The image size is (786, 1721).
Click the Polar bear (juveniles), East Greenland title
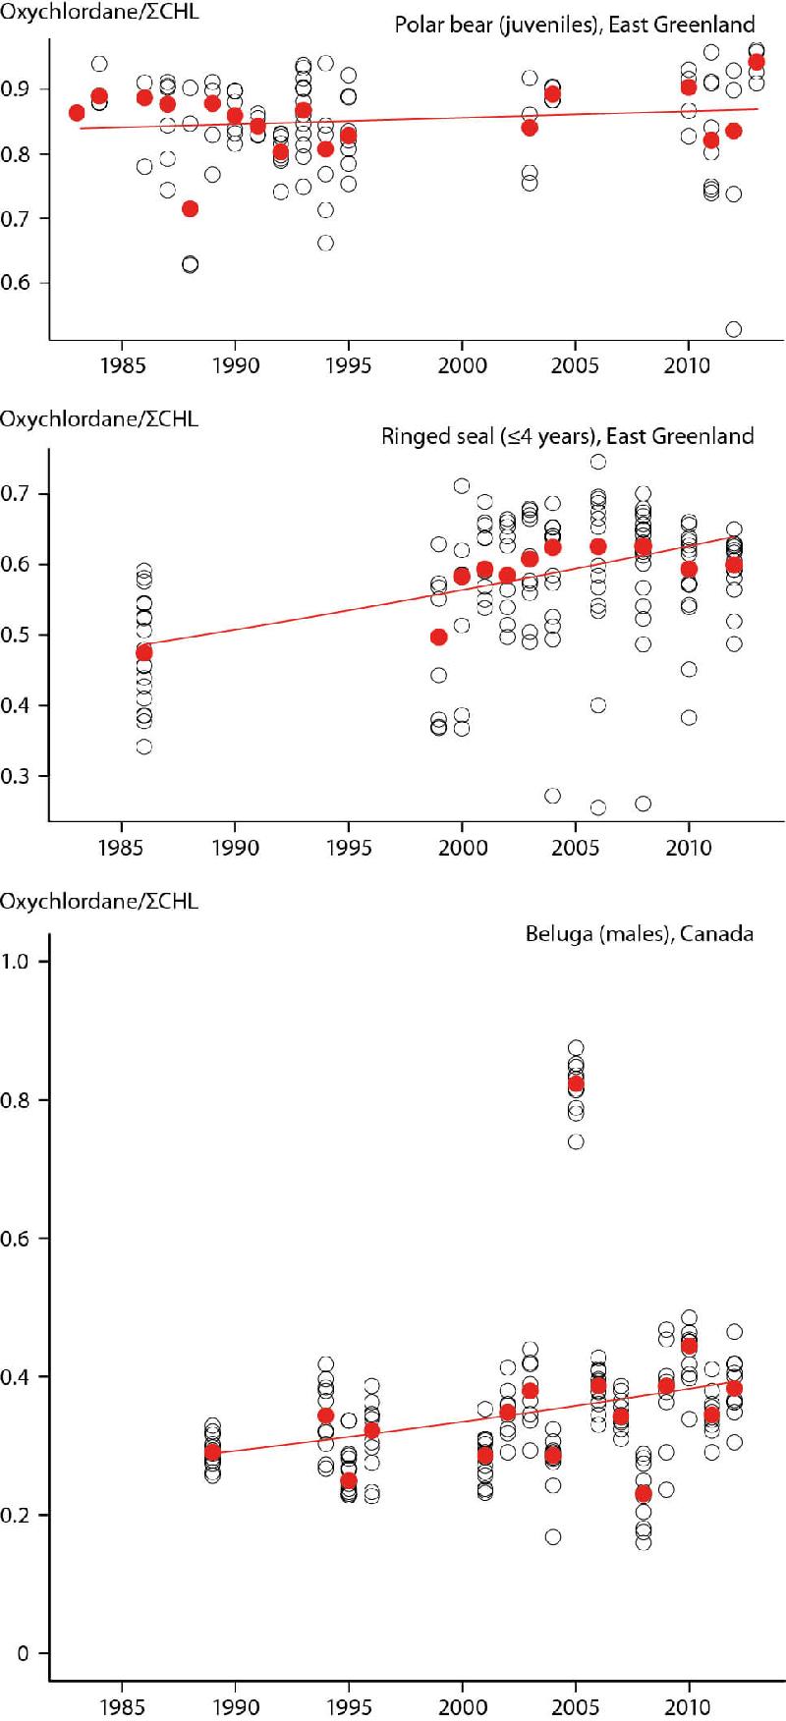click(x=575, y=25)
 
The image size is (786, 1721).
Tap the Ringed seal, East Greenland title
click(x=567, y=436)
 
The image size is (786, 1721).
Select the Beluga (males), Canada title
click(x=639, y=933)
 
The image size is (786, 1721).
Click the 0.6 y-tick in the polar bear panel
click(x=15, y=283)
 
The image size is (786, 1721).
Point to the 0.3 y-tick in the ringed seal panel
click(x=15, y=776)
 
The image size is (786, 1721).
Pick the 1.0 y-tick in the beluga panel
click(x=15, y=962)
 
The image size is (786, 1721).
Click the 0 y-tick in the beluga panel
click(x=23, y=1653)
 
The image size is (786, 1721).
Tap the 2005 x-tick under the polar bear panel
click(x=575, y=365)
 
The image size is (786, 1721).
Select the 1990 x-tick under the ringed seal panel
click(x=235, y=847)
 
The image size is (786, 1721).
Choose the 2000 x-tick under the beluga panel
click(x=462, y=1705)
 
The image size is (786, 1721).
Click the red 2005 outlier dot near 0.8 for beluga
click(x=576, y=1083)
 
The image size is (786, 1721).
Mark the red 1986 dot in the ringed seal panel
click(x=144, y=652)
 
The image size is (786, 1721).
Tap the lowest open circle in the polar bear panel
click(x=733, y=329)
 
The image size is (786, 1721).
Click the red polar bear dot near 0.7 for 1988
click(x=190, y=208)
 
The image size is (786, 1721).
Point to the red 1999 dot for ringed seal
click(x=439, y=638)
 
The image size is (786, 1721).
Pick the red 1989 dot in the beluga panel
click(x=212, y=1451)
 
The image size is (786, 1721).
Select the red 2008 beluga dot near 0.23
click(x=644, y=1494)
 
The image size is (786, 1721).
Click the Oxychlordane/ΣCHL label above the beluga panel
click(x=98, y=901)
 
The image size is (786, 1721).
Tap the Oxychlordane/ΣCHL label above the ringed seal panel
click(x=98, y=419)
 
